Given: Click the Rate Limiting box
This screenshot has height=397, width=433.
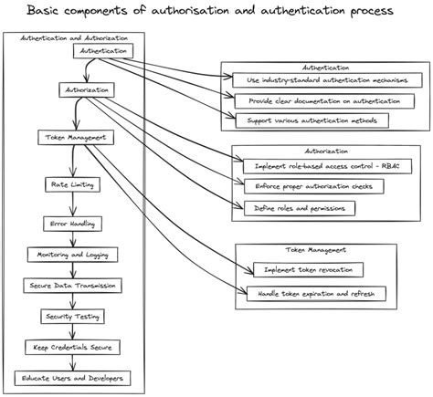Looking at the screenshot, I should coord(71,183).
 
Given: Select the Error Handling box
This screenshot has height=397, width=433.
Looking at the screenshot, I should coord(71,223).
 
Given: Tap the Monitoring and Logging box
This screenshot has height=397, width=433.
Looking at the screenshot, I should coord(71,254).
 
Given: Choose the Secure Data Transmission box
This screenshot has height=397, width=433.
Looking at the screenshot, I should coord(71,285).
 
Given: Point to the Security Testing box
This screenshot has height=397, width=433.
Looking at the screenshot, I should coord(71,316).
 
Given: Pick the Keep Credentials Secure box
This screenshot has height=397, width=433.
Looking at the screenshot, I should coord(71,347).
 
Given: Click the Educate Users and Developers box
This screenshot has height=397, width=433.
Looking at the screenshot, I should coord(71,378).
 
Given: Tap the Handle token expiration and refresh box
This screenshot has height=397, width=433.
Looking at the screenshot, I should coord(316,293).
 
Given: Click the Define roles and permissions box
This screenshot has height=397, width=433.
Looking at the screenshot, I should coord(299,208).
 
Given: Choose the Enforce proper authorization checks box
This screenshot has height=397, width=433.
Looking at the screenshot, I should coord(313,185).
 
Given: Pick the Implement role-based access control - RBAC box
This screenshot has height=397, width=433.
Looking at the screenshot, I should coord(319,164).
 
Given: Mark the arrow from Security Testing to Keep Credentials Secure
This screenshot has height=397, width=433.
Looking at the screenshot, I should coord(71,331).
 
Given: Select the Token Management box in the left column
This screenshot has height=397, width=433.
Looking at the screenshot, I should coord(75,138).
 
